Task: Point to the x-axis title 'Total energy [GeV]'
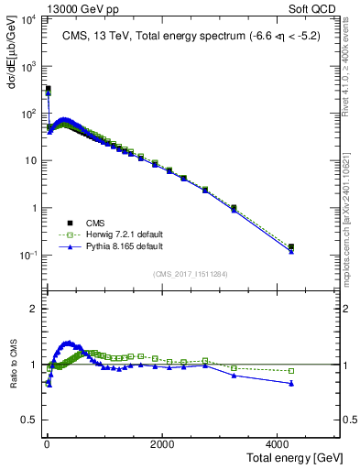click(x=297, y=458)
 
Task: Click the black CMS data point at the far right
click(x=291, y=246)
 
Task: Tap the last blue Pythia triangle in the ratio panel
click(x=291, y=383)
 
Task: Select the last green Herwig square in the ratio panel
click(x=291, y=371)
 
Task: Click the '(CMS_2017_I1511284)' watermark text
click(x=191, y=273)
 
